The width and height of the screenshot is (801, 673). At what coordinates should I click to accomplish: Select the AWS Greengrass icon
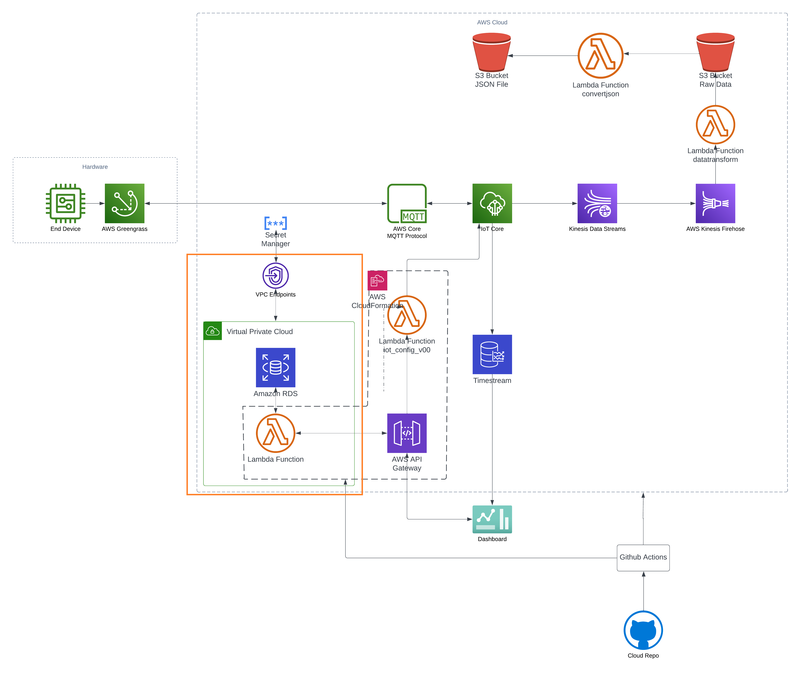pyautogui.click(x=125, y=203)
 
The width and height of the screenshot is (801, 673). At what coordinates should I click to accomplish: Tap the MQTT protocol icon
pyautogui.click(x=407, y=203)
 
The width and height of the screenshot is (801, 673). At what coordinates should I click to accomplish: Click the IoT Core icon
pyautogui.click(x=492, y=203)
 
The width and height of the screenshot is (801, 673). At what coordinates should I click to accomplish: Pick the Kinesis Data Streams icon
pyautogui.click(x=597, y=203)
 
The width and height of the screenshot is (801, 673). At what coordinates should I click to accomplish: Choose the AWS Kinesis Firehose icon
pyautogui.click(x=716, y=203)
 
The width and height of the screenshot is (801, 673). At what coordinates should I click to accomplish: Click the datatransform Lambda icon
pyautogui.click(x=716, y=125)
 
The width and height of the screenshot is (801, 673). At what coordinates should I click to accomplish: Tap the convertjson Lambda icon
pyautogui.click(x=601, y=56)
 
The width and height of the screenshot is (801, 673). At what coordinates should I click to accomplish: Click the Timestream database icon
pyautogui.click(x=492, y=354)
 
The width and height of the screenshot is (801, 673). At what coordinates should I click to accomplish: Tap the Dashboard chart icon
pyautogui.click(x=492, y=519)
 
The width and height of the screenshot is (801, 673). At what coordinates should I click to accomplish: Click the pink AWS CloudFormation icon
pyautogui.click(x=377, y=280)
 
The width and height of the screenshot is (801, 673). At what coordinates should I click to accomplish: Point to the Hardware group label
pyautogui.click(x=95, y=167)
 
